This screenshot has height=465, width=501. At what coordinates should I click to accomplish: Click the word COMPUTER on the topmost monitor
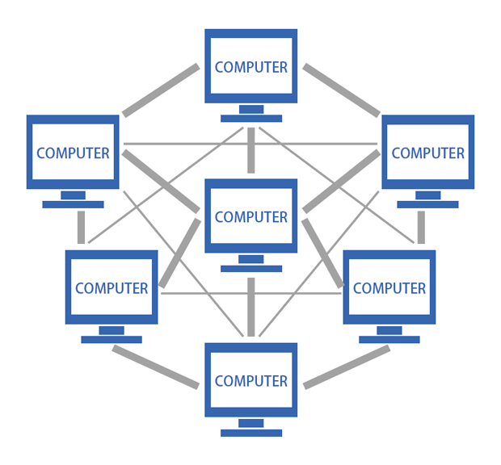coord(251,68)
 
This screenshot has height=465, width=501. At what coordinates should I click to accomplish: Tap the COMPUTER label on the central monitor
coord(251,217)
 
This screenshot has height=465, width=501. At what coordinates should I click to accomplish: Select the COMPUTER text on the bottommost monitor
coord(251,381)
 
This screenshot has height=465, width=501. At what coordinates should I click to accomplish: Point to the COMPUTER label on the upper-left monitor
coord(73,153)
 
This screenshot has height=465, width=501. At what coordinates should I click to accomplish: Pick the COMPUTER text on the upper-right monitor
coord(428,153)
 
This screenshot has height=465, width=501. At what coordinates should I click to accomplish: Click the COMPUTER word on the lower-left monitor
coord(112,288)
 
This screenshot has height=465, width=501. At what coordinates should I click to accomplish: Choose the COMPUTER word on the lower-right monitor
coord(389,288)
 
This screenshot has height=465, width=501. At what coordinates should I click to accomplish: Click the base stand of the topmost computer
coord(251,118)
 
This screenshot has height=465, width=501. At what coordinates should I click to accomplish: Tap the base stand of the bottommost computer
coord(251,432)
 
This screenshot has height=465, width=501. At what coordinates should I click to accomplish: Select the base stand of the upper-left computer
coord(73,204)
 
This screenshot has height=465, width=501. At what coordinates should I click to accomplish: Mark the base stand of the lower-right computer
coord(389,339)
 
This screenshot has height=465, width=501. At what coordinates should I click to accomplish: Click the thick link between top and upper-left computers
coord(161,89)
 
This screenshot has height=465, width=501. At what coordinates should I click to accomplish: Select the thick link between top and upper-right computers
coord(341,89)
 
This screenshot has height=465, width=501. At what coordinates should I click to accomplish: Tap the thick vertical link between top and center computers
coord(251,150)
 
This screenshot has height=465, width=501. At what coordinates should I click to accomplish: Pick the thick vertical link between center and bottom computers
coord(251,307)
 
